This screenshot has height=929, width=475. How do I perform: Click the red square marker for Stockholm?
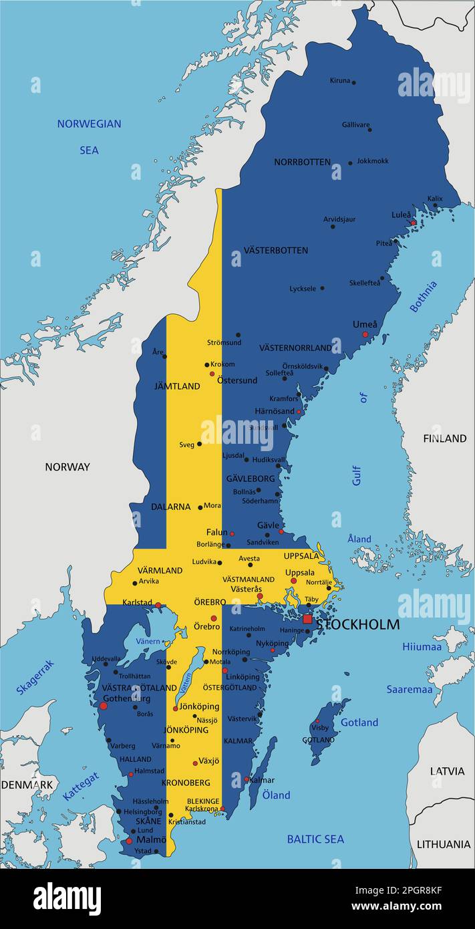click(307, 620)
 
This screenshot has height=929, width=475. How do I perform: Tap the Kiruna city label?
click(339, 81)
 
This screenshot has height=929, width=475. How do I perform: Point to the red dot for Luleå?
click(413, 223)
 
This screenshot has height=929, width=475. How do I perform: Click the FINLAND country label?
click(444, 438)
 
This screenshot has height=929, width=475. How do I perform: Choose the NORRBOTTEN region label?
click(302, 162)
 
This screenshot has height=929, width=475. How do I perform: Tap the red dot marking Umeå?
click(365, 334)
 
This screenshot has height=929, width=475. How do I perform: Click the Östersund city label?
click(236, 380)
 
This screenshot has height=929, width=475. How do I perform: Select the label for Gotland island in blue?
click(359, 722)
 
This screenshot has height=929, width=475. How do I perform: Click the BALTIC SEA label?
click(315, 839)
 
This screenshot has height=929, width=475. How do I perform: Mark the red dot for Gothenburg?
click(103, 706)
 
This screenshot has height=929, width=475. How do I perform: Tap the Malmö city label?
click(151, 839)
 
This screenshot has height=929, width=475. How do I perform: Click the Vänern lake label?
click(148, 642)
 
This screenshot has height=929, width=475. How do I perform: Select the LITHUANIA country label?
click(444, 844)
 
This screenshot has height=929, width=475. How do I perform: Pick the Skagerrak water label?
click(35, 677)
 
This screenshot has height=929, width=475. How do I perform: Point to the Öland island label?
click(276, 795)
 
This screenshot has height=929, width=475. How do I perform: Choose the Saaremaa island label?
click(410, 689)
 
